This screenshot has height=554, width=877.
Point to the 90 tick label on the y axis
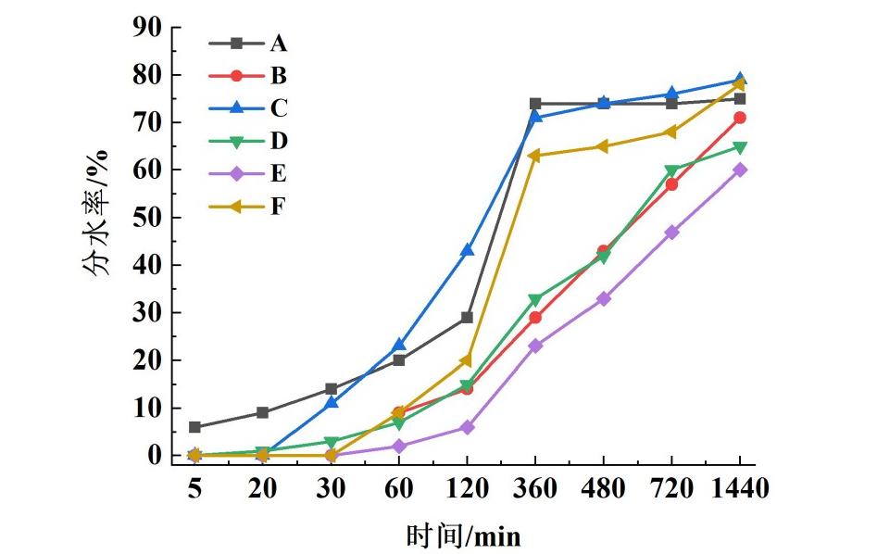click(145, 27)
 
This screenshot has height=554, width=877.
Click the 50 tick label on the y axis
click(145, 218)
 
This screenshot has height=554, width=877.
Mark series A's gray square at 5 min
click(194, 427)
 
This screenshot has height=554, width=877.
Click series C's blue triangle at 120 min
click(467, 250)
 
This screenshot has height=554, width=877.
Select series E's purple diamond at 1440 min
click(739, 170)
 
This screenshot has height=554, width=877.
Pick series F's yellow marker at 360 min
click(534, 155)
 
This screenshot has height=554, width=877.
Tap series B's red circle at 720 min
click(671, 184)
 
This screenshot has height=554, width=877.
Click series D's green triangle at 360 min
click(534, 299)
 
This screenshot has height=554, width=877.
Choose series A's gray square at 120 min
click(467, 318)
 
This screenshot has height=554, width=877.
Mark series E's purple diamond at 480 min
click(603, 298)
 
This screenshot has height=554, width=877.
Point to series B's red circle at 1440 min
click(739, 118)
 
